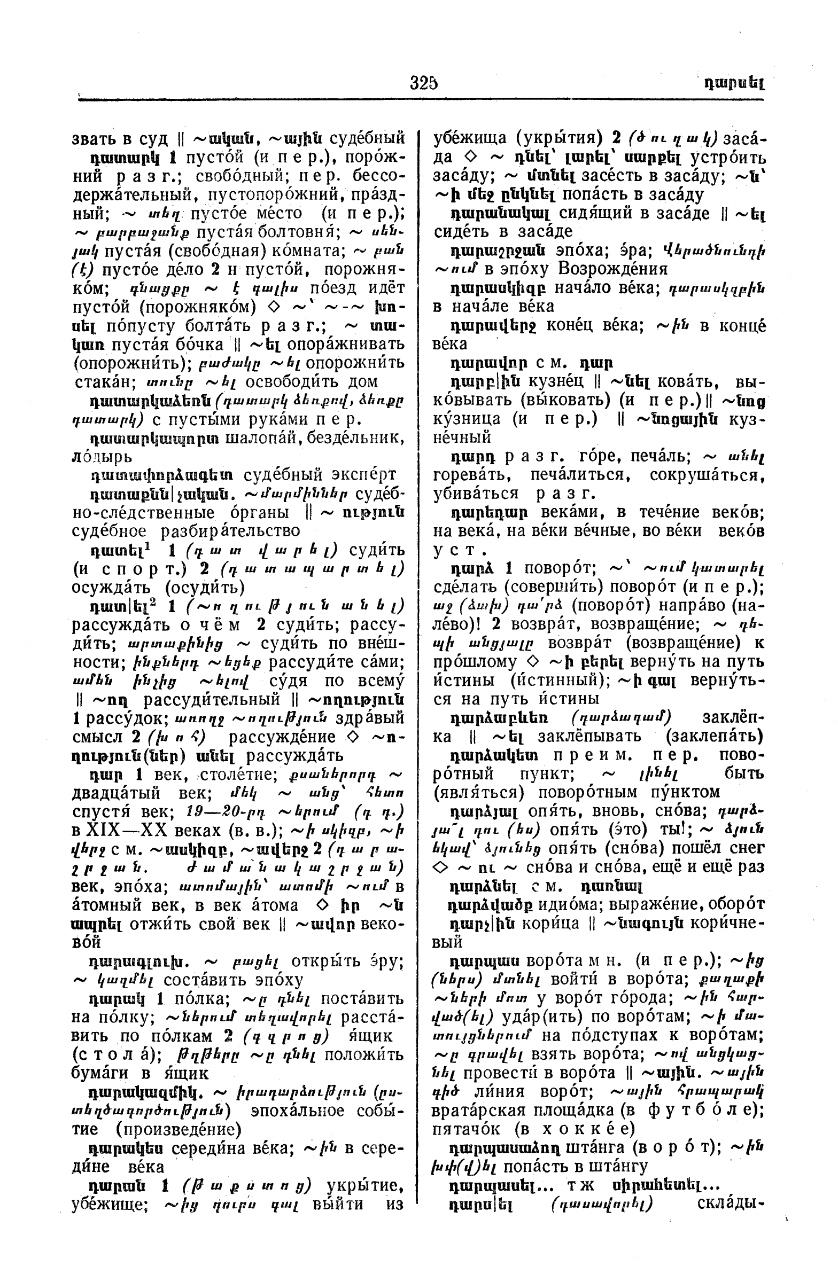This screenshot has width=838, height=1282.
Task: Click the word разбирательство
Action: pyautogui.click(x=230, y=530)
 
